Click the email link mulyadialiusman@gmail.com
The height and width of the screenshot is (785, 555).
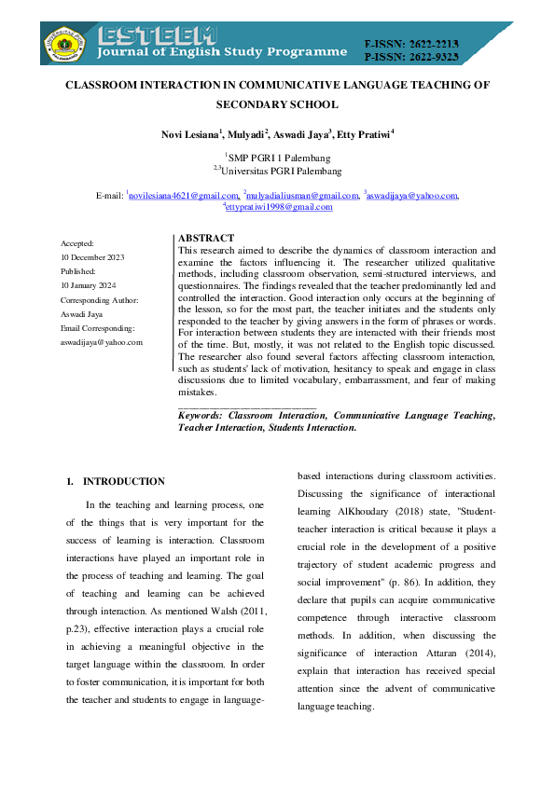(x=302, y=196)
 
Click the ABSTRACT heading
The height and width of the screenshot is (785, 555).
(x=205, y=239)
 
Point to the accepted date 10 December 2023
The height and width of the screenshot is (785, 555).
(x=92, y=256)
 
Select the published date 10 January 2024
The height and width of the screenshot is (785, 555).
(x=88, y=285)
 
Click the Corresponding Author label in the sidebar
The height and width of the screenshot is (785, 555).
(x=99, y=299)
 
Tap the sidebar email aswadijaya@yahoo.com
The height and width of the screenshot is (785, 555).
(x=101, y=342)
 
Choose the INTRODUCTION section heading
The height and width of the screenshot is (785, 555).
(x=123, y=482)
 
